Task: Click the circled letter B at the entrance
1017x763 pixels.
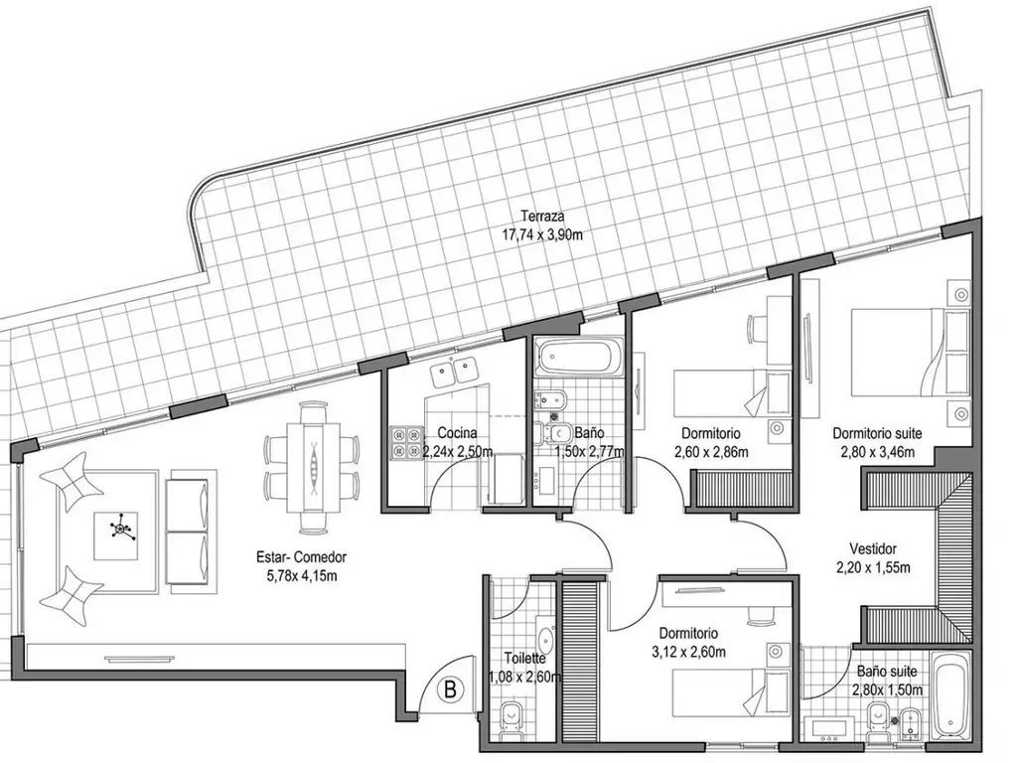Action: pos(450,689)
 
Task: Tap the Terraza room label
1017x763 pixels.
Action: pos(542,216)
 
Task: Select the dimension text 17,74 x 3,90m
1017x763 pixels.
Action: pos(542,234)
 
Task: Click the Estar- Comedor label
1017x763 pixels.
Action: pos(302,556)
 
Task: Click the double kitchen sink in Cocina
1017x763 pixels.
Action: pos(454,372)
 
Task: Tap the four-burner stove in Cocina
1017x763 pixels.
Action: pos(406,442)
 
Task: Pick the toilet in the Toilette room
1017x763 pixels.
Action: pos(513,719)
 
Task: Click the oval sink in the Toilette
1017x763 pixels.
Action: pos(545,639)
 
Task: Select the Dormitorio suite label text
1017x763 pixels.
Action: pos(877,433)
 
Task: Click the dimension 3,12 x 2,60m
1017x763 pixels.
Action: pos(688,652)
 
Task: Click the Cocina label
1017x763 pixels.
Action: pos(457,433)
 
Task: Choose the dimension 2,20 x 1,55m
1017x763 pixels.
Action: pos(873,567)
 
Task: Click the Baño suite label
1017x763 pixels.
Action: pos(887,672)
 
